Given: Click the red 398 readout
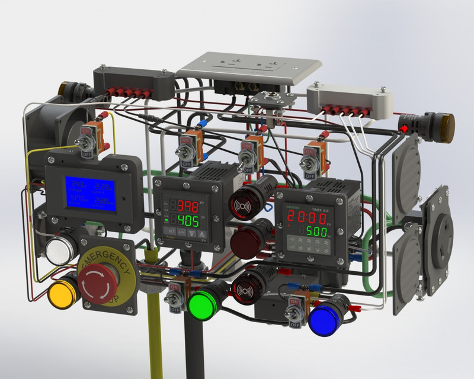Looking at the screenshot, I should [189, 206].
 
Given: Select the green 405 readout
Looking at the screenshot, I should [189, 221].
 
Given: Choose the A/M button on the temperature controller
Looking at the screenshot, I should [182, 233].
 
